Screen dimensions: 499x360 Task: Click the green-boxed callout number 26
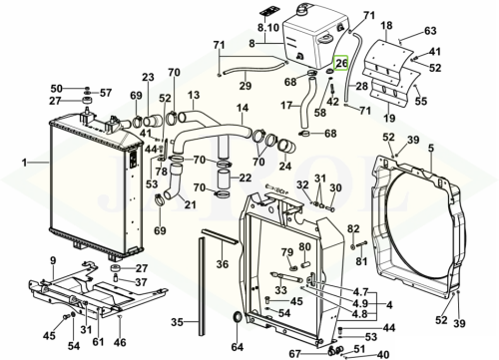click(341, 63)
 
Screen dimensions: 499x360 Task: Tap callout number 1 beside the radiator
click(24, 163)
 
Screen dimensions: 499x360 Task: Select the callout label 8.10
click(268, 28)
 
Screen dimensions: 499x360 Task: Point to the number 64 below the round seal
click(238, 347)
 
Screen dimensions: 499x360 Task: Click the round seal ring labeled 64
click(237, 318)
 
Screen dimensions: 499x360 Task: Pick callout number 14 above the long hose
click(243, 109)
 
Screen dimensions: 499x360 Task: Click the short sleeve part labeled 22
click(225, 180)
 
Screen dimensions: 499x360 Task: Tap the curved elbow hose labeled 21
click(174, 182)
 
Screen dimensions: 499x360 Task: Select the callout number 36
click(223, 264)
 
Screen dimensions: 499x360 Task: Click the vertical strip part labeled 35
click(202, 286)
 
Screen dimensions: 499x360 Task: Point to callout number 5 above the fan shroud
click(431, 149)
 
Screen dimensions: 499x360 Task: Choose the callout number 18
click(386, 26)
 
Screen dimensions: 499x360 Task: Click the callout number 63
click(430, 31)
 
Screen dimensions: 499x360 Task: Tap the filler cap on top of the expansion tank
click(302, 9)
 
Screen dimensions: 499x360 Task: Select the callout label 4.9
click(360, 303)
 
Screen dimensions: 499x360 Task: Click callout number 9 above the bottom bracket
click(53, 261)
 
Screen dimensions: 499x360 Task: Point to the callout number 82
click(353, 229)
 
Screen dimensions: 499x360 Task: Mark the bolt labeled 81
click(361, 245)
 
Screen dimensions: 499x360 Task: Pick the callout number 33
click(280, 290)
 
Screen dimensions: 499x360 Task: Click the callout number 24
click(285, 166)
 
